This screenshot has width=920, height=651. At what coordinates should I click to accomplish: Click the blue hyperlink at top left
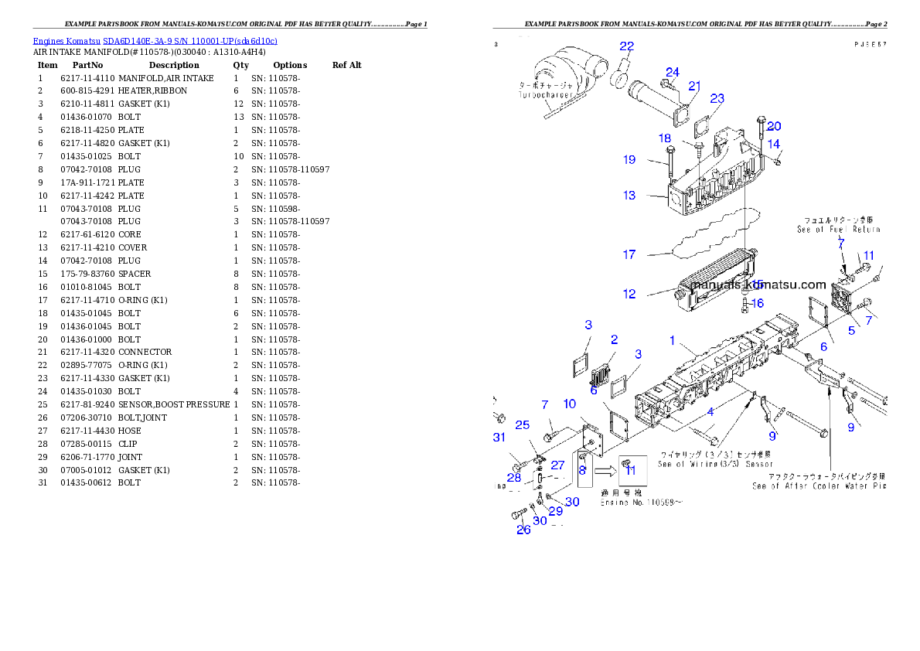(155, 41)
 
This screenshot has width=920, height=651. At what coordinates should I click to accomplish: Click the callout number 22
(626, 46)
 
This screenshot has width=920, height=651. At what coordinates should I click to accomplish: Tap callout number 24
(673, 72)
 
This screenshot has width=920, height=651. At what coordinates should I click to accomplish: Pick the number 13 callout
(629, 196)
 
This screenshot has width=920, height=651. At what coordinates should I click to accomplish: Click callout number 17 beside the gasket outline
(629, 254)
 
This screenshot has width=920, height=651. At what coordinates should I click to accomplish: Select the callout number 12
(629, 294)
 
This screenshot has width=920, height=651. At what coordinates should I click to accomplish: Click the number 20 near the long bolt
(774, 126)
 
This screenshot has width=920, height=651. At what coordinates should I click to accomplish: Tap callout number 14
(774, 144)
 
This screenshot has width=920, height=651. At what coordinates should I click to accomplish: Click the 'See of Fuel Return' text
(838, 230)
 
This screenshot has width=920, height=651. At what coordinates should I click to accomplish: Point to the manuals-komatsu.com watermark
(758, 285)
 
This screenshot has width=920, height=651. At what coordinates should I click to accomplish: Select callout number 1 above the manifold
(673, 340)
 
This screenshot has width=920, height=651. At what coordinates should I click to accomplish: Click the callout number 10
(569, 404)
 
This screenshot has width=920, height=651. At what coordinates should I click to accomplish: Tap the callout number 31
(498, 438)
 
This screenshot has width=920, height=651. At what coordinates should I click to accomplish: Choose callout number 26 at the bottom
(523, 530)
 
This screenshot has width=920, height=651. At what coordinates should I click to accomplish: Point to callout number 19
(629, 160)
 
